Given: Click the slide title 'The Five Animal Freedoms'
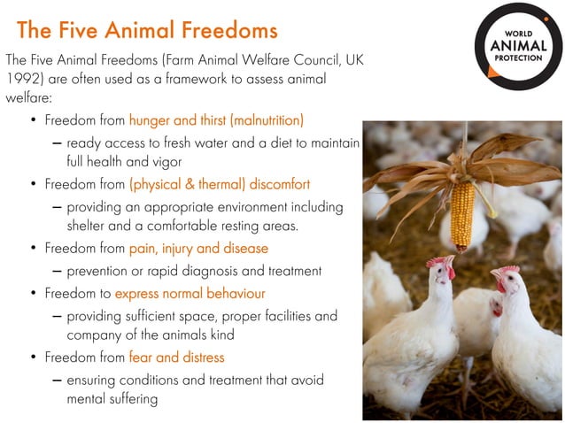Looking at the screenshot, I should (147, 30).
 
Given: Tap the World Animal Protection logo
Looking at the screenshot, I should (518, 47).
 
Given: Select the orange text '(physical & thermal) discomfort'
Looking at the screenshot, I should (219, 185).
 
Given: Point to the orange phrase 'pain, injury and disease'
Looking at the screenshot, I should (198, 249).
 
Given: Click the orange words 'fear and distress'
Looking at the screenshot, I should (176, 358).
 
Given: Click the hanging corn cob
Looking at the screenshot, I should (462, 217).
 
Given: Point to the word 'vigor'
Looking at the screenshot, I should (166, 162).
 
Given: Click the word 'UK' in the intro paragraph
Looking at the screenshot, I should (352, 60).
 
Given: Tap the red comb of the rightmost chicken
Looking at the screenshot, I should (507, 270).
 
